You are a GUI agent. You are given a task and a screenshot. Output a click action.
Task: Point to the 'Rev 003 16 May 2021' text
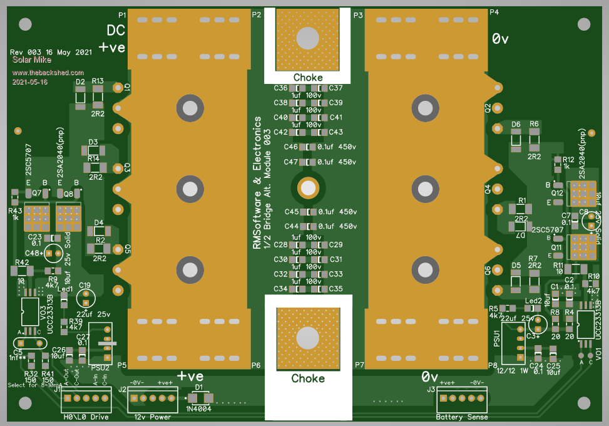click(51, 52)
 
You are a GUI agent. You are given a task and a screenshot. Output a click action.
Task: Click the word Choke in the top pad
click(308, 77)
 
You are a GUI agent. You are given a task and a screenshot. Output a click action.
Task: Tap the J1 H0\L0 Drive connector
click(84, 398)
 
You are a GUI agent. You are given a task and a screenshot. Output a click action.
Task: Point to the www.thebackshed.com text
click(44, 73)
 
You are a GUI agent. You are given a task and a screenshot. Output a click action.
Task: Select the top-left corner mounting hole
click(25, 24)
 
